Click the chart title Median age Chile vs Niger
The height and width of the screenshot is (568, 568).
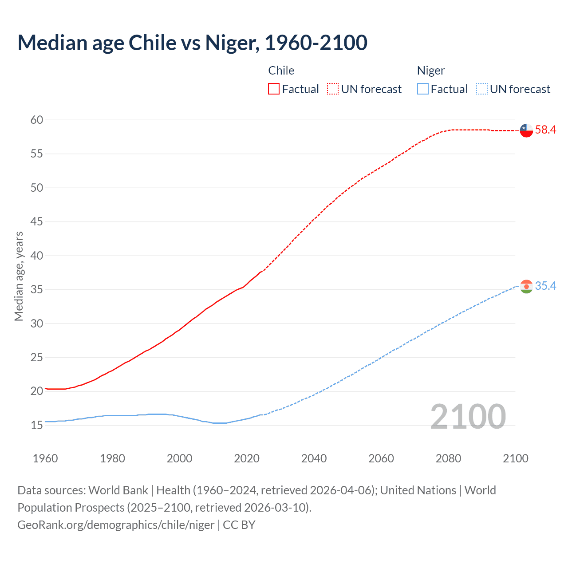coord(192,43)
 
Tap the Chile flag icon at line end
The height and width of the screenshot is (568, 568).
coord(526,130)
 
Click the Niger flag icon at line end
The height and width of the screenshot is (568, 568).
coord(526,287)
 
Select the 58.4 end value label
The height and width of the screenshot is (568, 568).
coord(545,130)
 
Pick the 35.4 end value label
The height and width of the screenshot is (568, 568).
coord(545,286)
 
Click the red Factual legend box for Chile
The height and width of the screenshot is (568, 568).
coord(274,89)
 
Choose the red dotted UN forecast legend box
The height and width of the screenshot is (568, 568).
coord(333,89)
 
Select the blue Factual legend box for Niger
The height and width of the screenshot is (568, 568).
coord(423,89)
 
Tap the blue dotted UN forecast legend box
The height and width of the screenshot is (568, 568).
coord(482,89)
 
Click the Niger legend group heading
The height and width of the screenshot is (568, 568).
coord(430,71)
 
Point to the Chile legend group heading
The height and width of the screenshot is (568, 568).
coord(281,71)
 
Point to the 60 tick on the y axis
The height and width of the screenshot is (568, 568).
coord(37,120)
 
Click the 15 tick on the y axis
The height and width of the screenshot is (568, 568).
coord(37,425)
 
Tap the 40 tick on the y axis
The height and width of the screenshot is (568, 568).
coord(37,256)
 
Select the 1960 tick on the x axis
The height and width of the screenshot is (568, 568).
coord(45,458)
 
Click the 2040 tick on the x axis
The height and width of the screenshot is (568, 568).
coord(314,458)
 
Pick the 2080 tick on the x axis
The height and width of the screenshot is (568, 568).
coord(448,458)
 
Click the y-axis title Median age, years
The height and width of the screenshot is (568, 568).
coord(19,276)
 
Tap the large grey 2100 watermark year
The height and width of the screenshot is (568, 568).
coord(468,417)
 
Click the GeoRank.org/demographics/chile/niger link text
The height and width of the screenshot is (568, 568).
coord(116,525)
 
